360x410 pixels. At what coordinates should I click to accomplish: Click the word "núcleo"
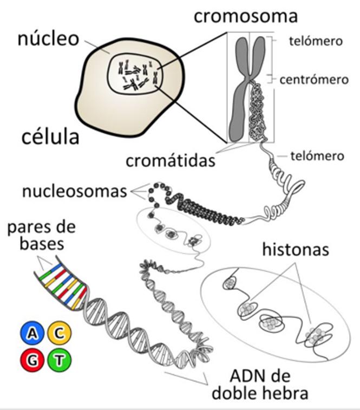pyautogui.click(x=48, y=38)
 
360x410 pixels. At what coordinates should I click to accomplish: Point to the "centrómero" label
pyautogui.click(x=313, y=80)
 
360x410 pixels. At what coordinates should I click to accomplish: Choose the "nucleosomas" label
pyautogui.click(x=75, y=191)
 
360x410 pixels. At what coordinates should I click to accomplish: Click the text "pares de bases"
pyautogui.click(x=42, y=235)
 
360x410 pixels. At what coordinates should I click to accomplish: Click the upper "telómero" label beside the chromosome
pyautogui.click(x=316, y=41)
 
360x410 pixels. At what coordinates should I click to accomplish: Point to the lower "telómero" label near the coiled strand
pyautogui.click(x=317, y=156)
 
